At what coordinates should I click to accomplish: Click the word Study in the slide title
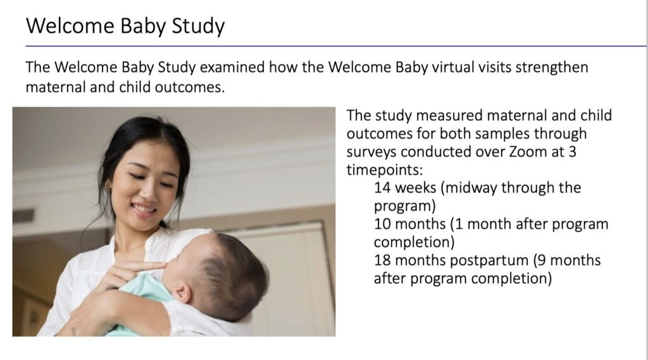[198, 26]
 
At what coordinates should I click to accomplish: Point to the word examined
[232, 67]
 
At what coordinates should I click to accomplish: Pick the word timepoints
[384, 170]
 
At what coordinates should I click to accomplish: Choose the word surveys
[371, 152]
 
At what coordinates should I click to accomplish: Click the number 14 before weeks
[382, 188]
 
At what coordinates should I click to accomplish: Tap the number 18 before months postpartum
[382, 261]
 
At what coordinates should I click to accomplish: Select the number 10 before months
[382, 224]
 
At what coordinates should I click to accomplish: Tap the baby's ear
[182, 292]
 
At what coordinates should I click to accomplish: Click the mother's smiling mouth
[144, 209]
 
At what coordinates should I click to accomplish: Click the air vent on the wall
[23, 216]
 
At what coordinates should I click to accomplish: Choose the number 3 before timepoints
[572, 152]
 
